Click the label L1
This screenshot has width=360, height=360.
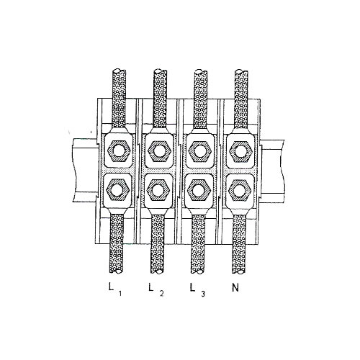pos(115,289)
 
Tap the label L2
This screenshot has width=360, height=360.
pos(156,289)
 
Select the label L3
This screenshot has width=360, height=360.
pos(197,289)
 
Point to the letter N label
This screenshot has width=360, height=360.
pos(235,287)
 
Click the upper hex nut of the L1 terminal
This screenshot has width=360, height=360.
pos(118,152)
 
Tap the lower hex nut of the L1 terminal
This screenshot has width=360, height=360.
pos(118,189)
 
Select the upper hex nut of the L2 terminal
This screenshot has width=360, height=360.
pos(159,152)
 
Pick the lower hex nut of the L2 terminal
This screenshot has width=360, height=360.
pos(158,190)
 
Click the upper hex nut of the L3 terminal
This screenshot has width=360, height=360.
pos(199,152)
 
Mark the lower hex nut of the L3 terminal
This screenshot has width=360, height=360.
pos(199,190)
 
